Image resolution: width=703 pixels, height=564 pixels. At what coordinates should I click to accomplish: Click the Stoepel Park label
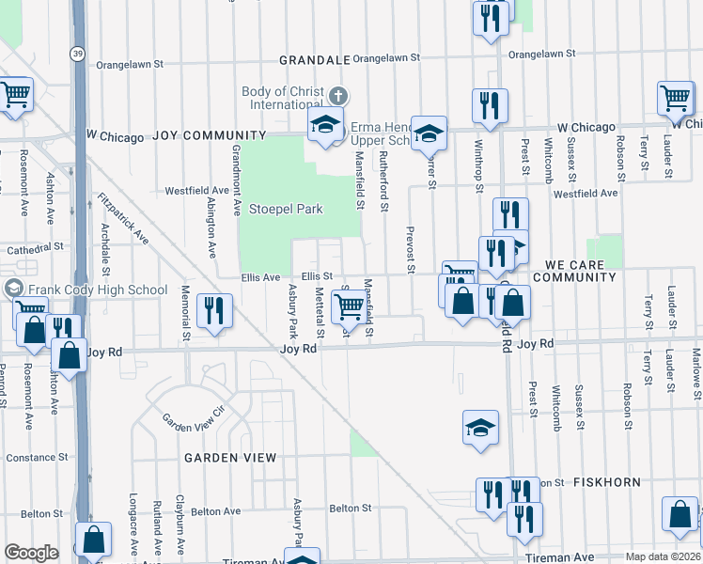coord(286,208)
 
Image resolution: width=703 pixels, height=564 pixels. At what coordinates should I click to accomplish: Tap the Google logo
coord(31,553)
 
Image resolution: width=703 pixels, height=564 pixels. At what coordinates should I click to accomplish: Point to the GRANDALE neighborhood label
coord(315,60)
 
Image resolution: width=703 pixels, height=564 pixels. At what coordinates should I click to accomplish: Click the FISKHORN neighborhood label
coord(609,482)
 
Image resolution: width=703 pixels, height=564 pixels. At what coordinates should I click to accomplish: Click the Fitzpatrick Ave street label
coord(123,218)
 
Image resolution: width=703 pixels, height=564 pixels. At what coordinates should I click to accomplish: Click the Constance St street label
coord(38,458)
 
